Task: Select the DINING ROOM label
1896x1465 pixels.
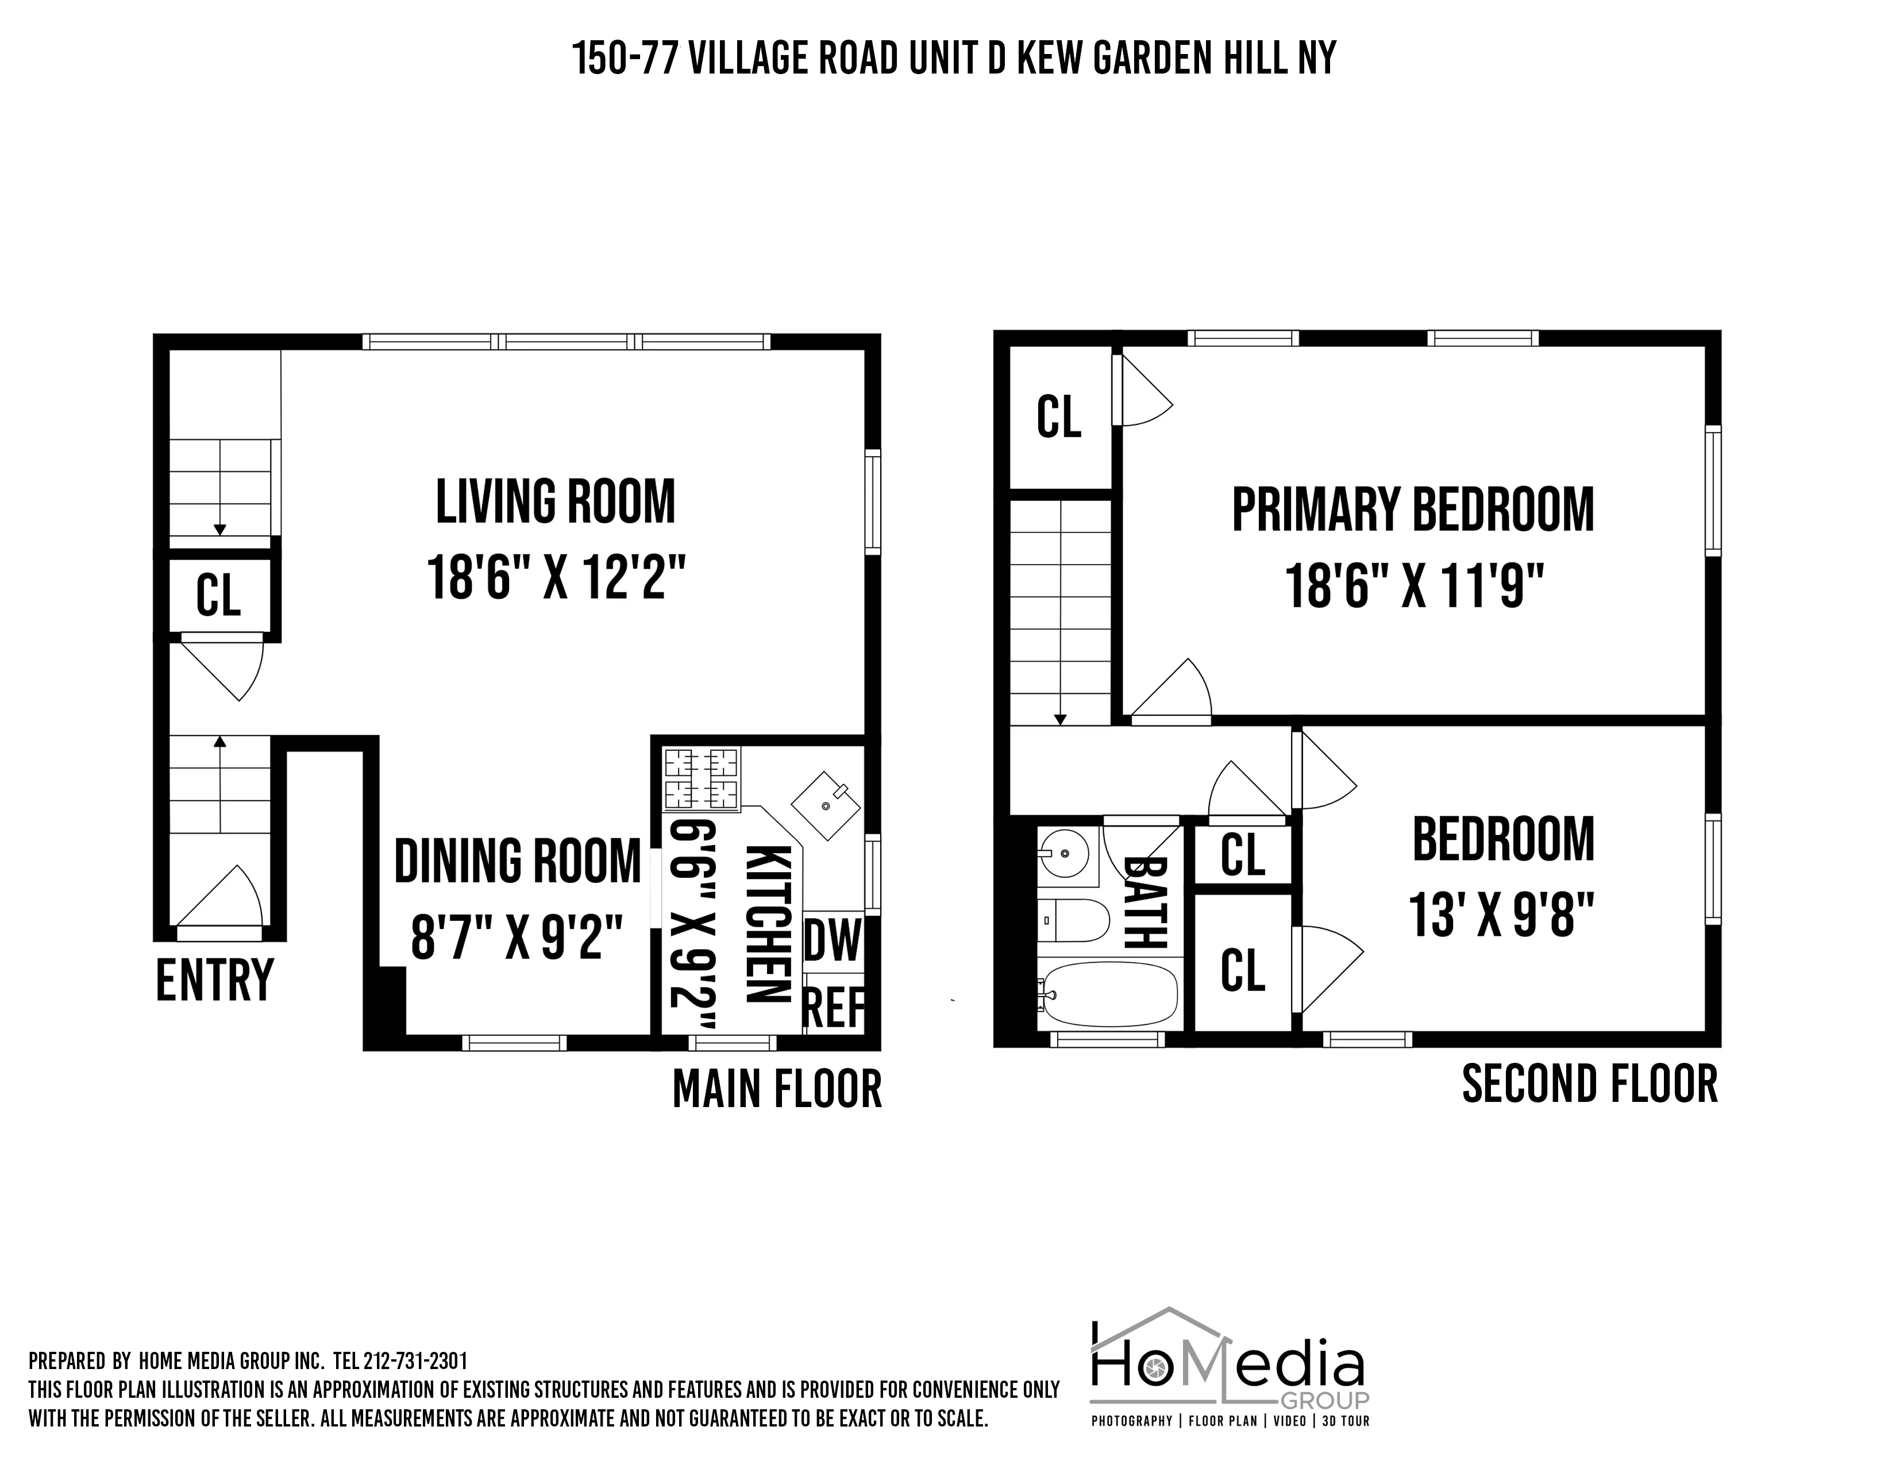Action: [x=518, y=861]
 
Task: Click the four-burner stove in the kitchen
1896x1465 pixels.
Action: [x=702, y=778]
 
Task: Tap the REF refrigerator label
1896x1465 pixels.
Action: [x=834, y=1007]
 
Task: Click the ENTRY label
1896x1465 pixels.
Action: [x=214, y=980]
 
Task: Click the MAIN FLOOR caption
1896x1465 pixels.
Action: [x=777, y=1089]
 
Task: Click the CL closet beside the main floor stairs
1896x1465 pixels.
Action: [x=218, y=595]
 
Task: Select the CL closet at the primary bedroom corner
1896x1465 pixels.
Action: [x=1059, y=417]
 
